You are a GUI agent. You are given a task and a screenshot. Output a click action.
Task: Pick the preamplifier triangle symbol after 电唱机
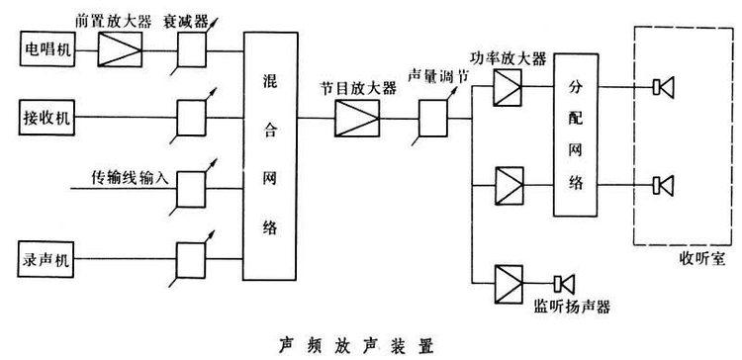[121, 46]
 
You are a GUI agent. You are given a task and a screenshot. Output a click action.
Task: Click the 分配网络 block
[576, 134]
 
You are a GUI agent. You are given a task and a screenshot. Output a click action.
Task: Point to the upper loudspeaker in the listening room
[663, 86]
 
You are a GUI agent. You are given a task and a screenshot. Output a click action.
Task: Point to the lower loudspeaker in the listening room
[663, 184]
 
